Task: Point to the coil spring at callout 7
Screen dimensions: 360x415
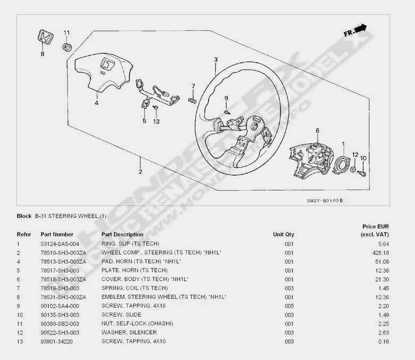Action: coord(194,99)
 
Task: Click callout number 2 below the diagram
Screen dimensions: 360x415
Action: coord(140,171)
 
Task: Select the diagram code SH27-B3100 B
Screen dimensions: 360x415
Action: coord(325,200)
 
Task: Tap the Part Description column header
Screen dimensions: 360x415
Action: coord(122,234)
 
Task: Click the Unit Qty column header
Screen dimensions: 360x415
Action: coord(284,234)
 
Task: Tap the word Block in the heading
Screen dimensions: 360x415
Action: coord(24,216)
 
